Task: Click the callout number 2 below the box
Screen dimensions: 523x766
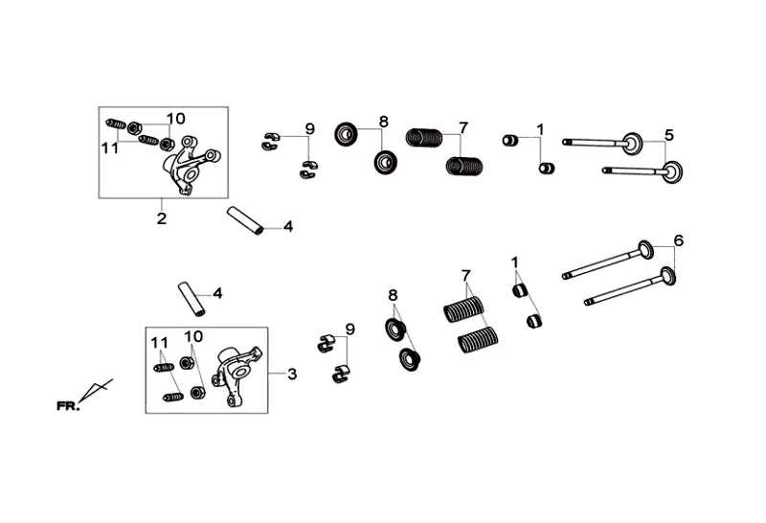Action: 161,219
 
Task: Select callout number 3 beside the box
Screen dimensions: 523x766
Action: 292,374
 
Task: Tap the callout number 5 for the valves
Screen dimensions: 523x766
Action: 669,135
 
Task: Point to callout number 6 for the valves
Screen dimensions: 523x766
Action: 679,240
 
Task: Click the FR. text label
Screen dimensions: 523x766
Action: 67,406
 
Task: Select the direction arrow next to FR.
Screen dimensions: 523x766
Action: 98,391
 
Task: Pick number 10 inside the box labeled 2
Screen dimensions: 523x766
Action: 174,119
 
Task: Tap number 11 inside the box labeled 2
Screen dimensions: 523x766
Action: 110,148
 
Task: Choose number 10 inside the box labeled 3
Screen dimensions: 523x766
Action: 193,337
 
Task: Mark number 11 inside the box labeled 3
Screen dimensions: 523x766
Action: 159,342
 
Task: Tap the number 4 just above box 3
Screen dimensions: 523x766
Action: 216,293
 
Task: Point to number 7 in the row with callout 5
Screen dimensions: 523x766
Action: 462,126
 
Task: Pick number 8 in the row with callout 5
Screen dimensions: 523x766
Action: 383,122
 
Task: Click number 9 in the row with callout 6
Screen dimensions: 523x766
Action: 349,330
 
